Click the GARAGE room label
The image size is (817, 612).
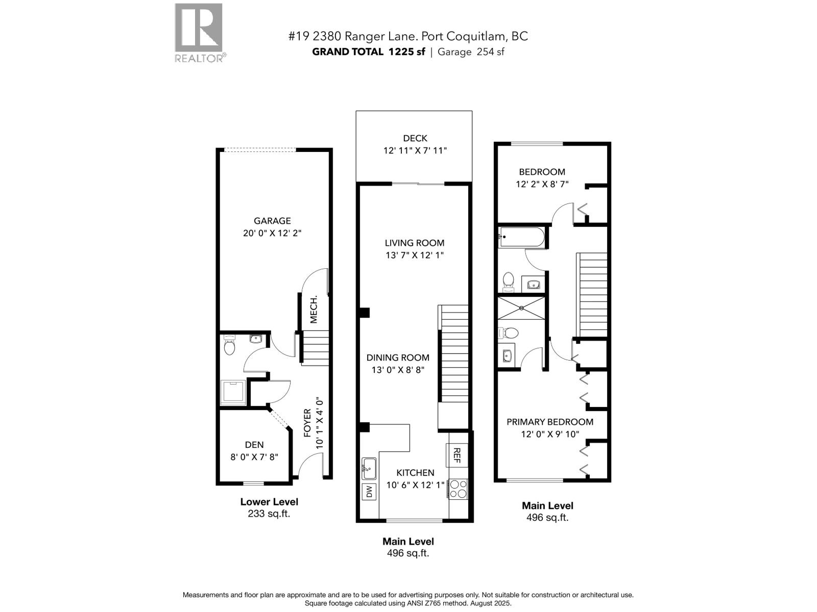(x=272, y=221)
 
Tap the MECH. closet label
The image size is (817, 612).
(x=314, y=310)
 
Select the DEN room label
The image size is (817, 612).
(x=254, y=445)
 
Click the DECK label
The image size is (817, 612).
(x=415, y=138)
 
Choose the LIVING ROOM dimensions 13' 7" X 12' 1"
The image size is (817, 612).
(x=415, y=255)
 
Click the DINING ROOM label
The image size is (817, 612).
(x=398, y=358)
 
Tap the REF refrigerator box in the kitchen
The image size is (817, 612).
(x=456, y=455)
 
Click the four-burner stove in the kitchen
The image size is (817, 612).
(x=458, y=489)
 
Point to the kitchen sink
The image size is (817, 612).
(x=369, y=468)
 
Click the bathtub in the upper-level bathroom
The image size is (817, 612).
(x=521, y=237)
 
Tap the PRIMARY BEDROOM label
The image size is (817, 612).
(x=549, y=422)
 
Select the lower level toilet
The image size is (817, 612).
(x=230, y=346)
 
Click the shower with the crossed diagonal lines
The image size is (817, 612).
(x=521, y=308)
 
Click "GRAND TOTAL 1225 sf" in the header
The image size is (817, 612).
(x=368, y=52)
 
